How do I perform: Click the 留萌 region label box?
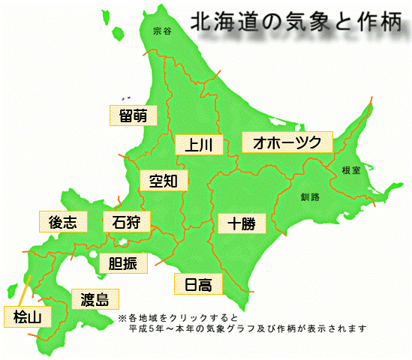pyautogui.click(x=133, y=115)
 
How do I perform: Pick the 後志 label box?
pyautogui.click(x=62, y=222)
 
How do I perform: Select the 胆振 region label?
pyautogui.click(x=123, y=263)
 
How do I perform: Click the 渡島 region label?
pyautogui.click(x=95, y=300)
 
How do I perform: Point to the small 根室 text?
pyautogui.click(x=350, y=170)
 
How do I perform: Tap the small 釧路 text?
pyautogui.click(x=310, y=196)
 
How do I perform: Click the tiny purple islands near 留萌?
pyautogui.click(x=125, y=97)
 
